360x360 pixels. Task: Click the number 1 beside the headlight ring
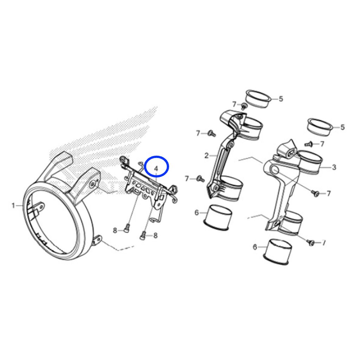pos(13,205)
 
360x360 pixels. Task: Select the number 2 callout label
pos(206,156)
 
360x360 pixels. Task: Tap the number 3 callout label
pos(334,167)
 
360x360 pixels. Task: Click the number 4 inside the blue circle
pos(156,168)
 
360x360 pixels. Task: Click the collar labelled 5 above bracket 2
pos(258,98)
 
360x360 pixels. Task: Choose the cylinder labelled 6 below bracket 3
pos(278,252)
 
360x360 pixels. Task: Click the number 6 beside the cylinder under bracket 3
pos(255,247)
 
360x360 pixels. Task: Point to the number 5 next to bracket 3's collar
pos(342,127)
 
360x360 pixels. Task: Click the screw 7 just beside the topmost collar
pos(244,106)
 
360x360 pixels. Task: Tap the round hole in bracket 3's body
pos(276,171)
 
